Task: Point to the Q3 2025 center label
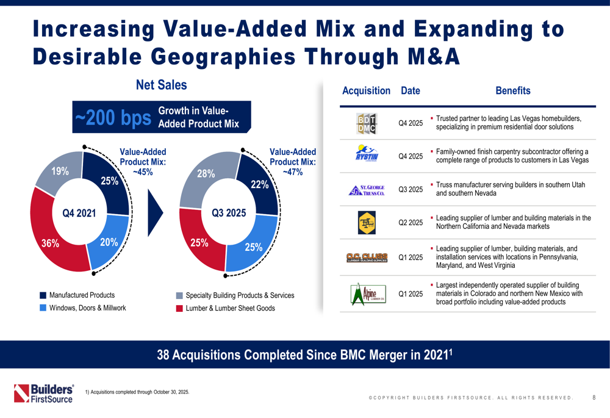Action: [x=228, y=213]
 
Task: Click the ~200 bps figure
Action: [x=112, y=119]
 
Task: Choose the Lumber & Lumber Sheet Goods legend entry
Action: [x=226, y=308]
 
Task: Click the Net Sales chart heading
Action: [x=161, y=85]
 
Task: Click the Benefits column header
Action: [x=512, y=91]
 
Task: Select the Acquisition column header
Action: [x=366, y=91]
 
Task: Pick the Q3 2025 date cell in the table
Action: [x=411, y=189]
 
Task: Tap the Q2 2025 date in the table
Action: [x=411, y=222]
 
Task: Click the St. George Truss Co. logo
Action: [x=366, y=189]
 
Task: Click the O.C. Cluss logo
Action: [x=366, y=258]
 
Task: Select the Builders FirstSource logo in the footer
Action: [x=44, y=394]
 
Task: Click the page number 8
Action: [x=594, y=398]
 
